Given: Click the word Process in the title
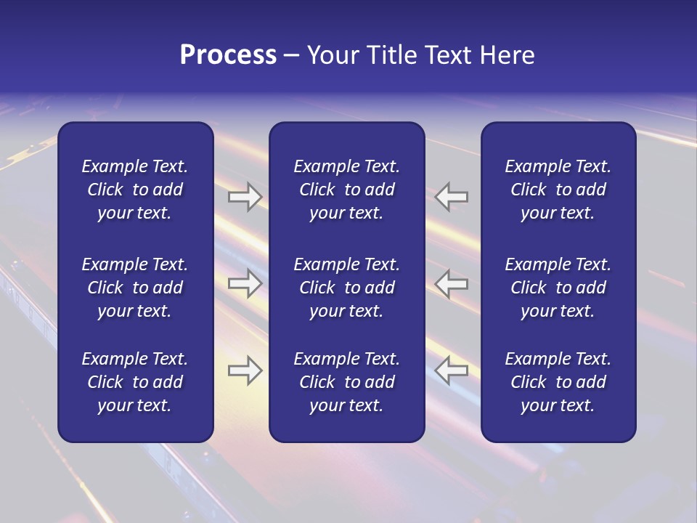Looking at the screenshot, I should tap(228, 55).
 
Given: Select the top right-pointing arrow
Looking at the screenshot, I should tap(245, 197).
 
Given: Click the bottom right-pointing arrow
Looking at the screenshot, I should tap(245, 370).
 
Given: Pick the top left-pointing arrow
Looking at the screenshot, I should tap(451, 197).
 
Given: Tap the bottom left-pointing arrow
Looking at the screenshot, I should tap(451, 370).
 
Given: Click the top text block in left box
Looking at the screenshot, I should tap(135, 190).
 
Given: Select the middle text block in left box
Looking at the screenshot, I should tap(135, 288).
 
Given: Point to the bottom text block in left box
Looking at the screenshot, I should tap(135, 382).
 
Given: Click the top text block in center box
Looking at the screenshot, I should tap(346, 190).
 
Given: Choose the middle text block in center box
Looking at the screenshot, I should tap(346, 288).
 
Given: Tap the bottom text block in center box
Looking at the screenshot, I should tap(346, 382).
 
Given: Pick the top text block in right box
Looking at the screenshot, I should tap(558, 190).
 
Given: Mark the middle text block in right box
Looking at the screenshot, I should tap(558, 288).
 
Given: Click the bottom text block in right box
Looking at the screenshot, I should tap(558, 382).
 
